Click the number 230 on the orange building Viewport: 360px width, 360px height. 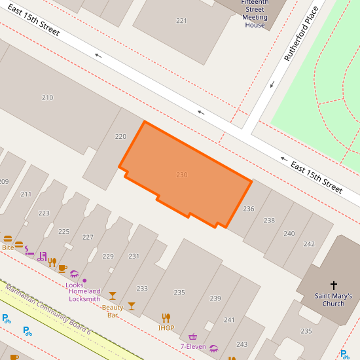tap(182, 175)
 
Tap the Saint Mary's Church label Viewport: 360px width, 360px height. tap(333, 299)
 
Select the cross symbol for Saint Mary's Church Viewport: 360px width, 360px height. tap(334, 285)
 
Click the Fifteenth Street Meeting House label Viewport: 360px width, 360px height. tap(255, 14)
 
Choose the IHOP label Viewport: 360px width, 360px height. tap(166, 328)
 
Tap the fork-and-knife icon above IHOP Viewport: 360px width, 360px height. tap(166, 318)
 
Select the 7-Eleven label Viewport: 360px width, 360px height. tap(193, 346)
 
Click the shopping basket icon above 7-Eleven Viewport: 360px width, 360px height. tap(193, 336)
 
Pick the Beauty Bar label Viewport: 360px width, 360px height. tap(113, 311)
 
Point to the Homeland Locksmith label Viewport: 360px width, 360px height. tap(84, 295)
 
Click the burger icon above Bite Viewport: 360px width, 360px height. tap(8, 239)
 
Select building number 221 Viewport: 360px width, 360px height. tap(181, 21)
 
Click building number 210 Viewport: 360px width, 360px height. tap(47, 98)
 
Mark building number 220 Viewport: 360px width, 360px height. tap(120, 137)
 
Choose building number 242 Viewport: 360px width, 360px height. tap(309, 243)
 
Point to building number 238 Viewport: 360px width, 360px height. tap(269, 221)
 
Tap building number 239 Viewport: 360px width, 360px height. tap(215, 298)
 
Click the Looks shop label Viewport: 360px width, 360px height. tap(74, 285)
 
